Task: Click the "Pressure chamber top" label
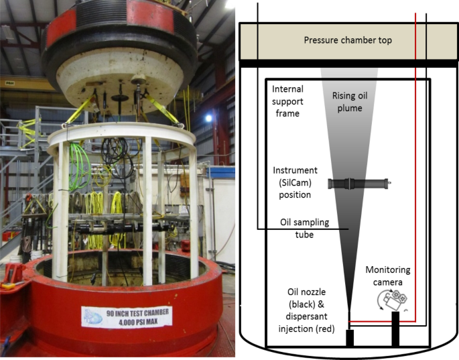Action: (348, 40)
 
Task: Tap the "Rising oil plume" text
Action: (350, 101)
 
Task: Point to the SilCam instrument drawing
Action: (359, 182)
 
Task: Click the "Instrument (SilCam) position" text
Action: (295, 182)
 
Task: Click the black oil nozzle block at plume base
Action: (349, 338)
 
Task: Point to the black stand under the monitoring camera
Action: (395, 328)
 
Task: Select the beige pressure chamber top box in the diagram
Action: (348, 40)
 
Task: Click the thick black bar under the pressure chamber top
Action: (348, 63)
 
